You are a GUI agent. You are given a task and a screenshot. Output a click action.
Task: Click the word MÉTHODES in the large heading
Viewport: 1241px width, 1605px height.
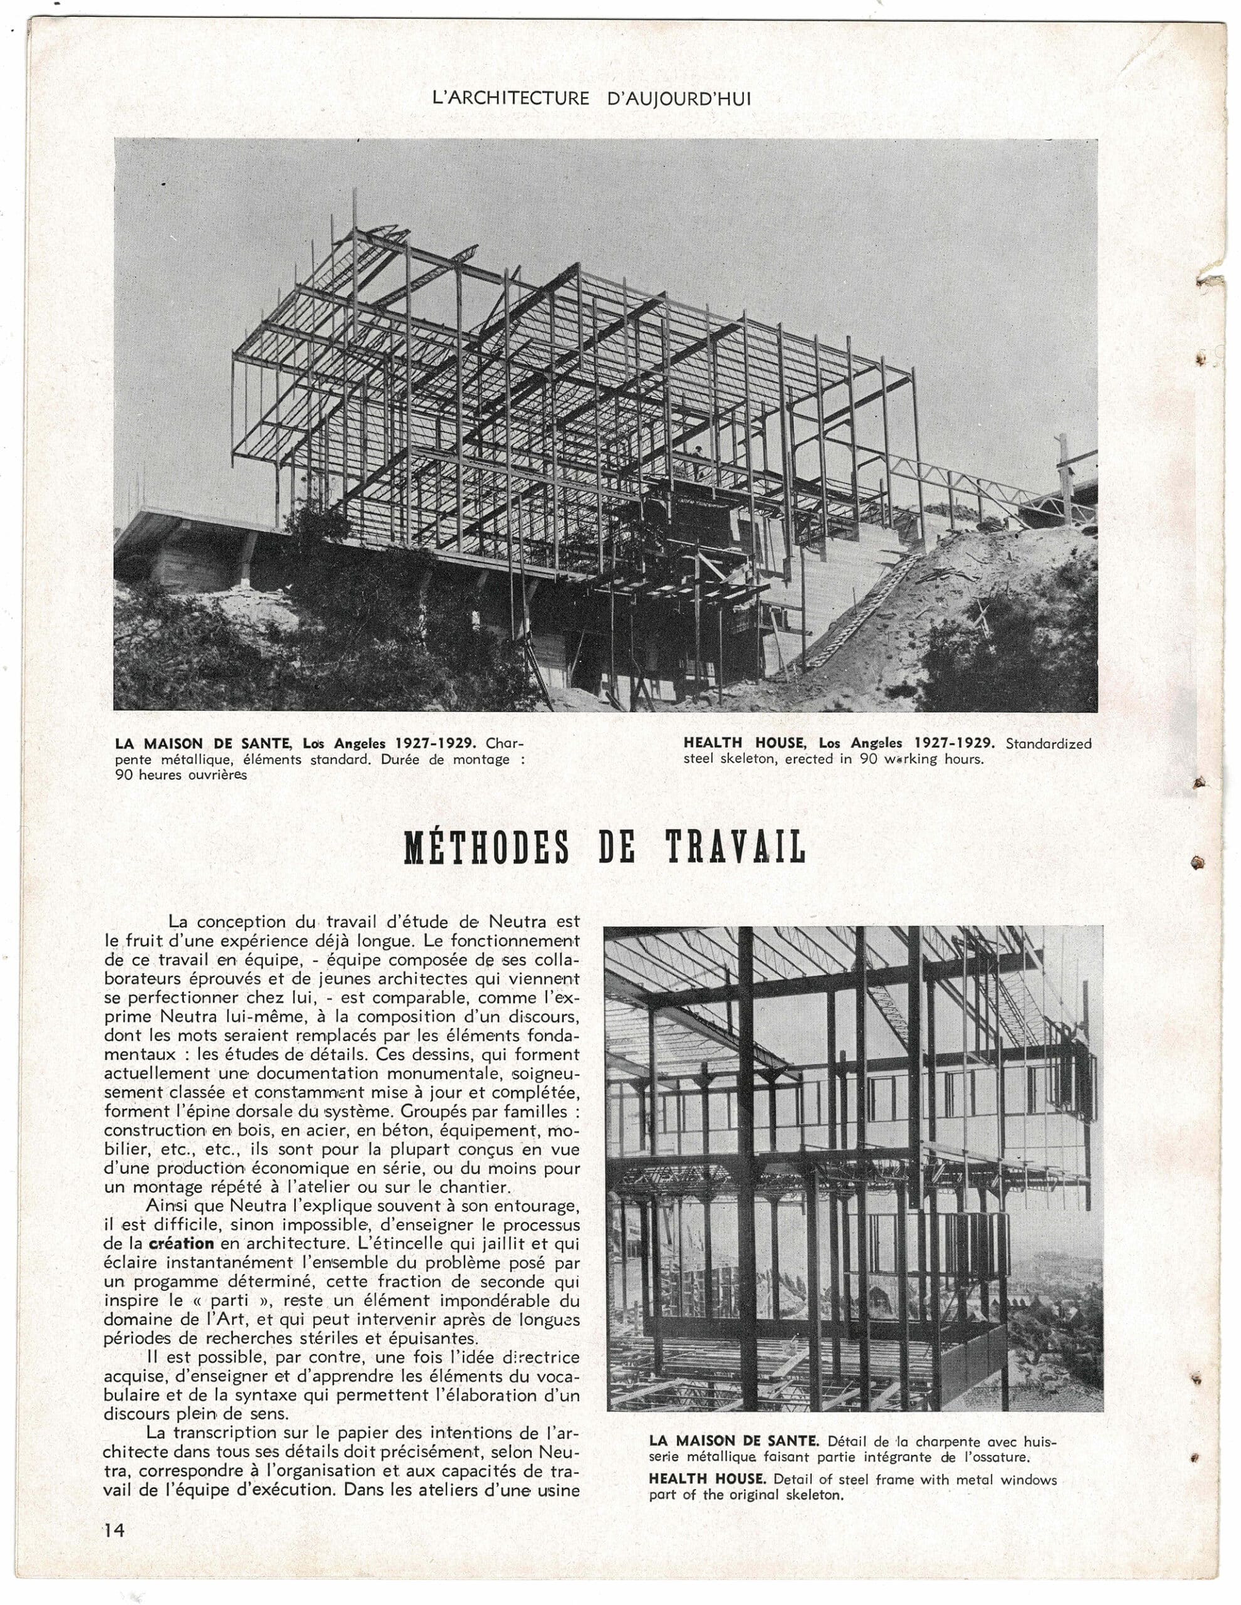(486, 848)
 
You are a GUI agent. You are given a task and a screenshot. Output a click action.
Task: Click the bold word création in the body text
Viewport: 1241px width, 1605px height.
(181, 1243)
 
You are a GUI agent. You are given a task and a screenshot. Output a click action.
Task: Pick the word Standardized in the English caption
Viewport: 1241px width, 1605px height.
(1048, 743)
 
